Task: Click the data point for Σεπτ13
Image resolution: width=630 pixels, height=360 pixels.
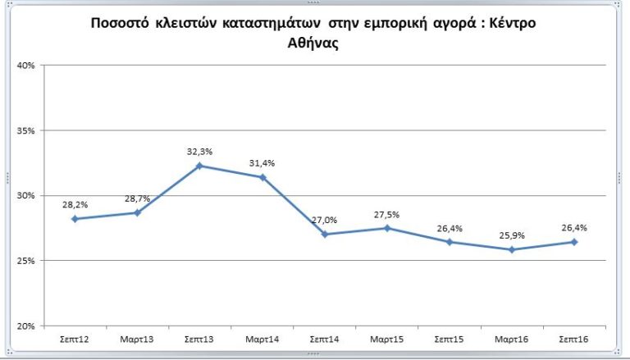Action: tap(199, 166)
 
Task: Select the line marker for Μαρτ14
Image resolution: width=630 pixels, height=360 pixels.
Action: tap(262, 177)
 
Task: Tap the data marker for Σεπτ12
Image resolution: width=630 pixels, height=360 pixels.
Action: tap(75, 219)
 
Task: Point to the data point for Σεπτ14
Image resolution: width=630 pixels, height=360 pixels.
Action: tap(325, 234)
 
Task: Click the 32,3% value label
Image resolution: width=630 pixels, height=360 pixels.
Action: tap(199, 152)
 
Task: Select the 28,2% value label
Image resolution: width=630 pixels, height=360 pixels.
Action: tap(75, 205)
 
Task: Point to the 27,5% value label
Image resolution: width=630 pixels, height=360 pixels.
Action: tap(387, 214)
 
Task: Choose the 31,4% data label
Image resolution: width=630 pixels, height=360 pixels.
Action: tap(262, 163)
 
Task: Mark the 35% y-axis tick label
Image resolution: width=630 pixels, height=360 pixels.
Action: tap(25, 130)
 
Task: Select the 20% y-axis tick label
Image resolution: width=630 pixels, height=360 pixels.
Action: tap(25, 326)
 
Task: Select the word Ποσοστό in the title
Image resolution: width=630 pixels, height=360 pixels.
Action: tap(121, 23)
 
